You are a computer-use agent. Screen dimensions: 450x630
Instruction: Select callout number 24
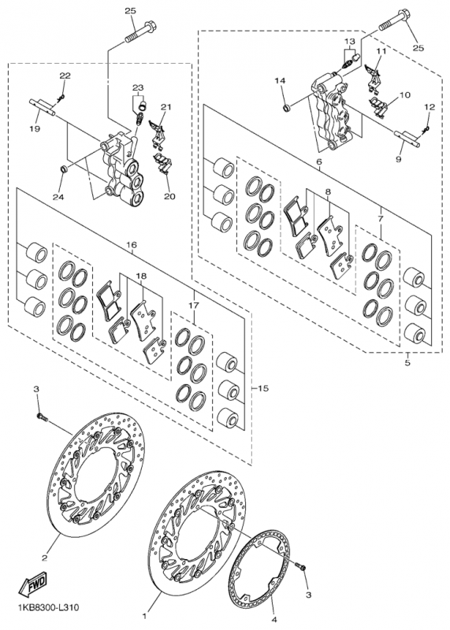tap(59, 198)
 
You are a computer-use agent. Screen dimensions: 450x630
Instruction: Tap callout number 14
tap(281, 81)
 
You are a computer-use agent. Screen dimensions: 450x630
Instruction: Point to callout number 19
tap(34, 129)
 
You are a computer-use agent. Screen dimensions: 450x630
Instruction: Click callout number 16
tap(132, 245)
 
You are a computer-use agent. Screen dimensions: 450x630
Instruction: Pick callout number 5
tap(407, 363)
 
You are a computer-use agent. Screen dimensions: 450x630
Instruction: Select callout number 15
tap(263, 388)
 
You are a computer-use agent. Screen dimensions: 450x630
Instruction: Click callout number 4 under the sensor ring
tap(275, 620)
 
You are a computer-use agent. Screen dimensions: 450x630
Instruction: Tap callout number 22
tap(65, 75)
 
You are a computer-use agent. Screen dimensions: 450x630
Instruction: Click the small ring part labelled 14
tap(287, 107)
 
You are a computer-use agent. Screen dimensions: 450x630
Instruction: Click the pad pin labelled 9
tap(407, 139)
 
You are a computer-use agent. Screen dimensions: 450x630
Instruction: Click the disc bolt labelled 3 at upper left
tap(43, 417)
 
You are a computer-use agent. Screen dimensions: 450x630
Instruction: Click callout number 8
tap(328, 192)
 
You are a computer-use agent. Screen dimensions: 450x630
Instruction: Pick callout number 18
tap(141, 276)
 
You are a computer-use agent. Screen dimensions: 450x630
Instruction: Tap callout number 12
tap(429, 107)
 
